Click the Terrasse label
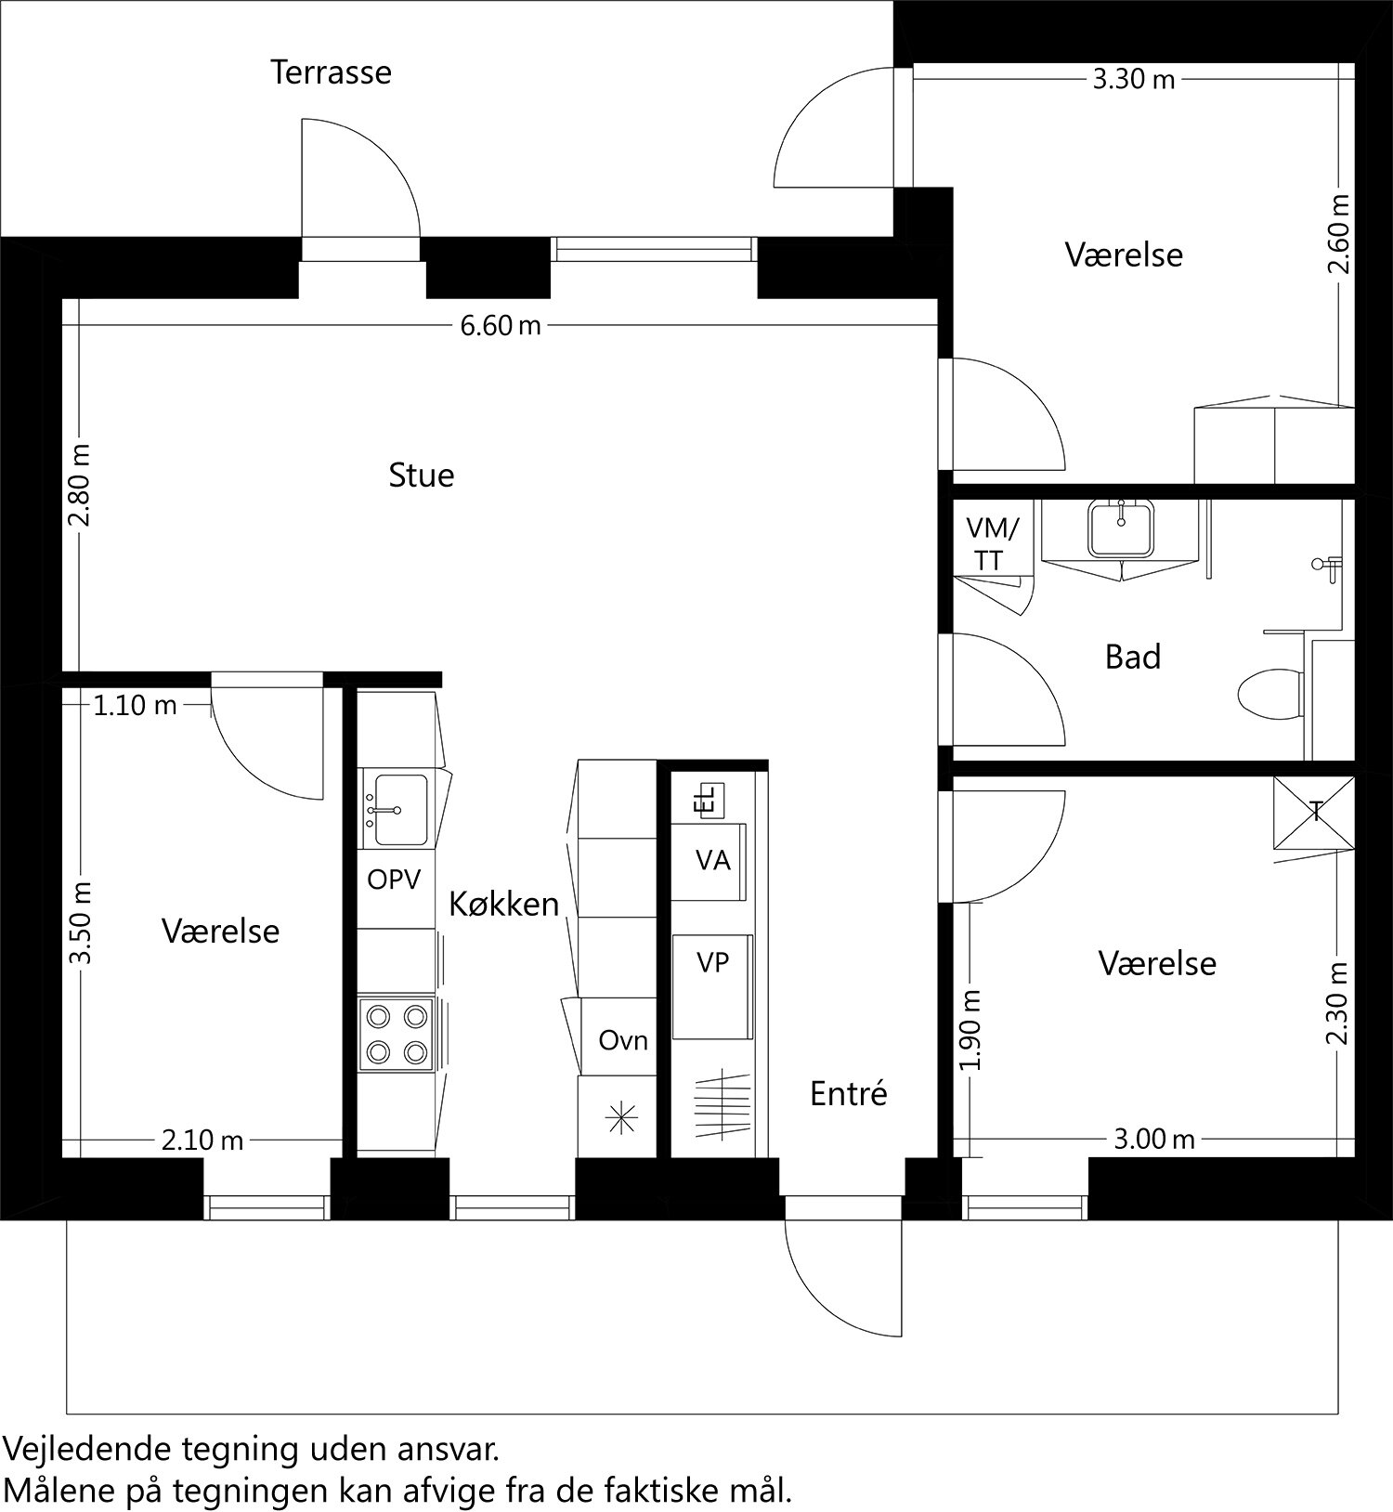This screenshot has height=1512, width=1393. (331, 72)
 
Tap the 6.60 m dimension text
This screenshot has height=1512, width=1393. (501, 326)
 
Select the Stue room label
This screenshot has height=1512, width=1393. (421, 476)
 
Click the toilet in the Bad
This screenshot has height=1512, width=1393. (1269, 693)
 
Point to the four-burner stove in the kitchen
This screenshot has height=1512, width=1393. (397, 1034)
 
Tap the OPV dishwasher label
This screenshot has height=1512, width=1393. (394, 880)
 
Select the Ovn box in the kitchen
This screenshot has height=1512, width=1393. (622, 1040)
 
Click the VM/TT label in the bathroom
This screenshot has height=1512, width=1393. (992, 544)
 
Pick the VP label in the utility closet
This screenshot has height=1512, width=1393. (712, 964)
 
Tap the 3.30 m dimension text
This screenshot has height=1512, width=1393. (1133, 80)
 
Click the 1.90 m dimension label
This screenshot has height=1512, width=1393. (971, 1029)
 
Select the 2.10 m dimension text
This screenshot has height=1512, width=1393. (202, 1140)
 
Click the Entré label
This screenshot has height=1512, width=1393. (848, 1094)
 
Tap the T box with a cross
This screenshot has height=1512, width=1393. (1314, 812)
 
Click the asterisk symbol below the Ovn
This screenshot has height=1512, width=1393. (617, 1118)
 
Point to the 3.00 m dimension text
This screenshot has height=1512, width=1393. (1154, 1139)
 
